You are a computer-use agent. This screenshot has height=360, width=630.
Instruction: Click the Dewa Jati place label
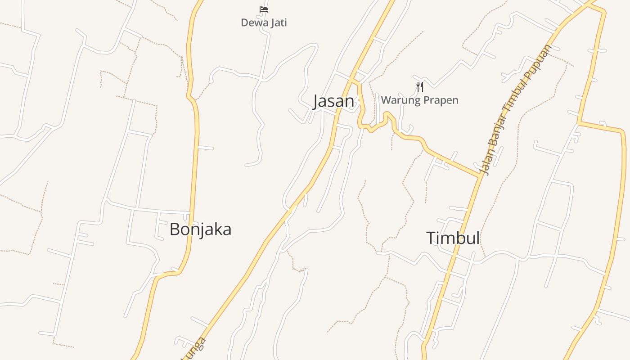tap(264, 22)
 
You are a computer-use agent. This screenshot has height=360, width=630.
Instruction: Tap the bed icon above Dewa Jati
tap(264, 9)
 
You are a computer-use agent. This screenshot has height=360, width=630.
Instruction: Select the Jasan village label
tap(333, 101)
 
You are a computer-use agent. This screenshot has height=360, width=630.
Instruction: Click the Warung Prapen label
tap(419, 100)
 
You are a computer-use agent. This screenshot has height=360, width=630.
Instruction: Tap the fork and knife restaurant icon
tap(420, 86)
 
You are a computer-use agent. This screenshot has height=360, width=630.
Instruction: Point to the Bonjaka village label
tap(200, 229)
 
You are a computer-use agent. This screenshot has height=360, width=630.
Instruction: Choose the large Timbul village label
tap(453, 238)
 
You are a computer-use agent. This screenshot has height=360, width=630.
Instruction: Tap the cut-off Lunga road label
tap(194, 349)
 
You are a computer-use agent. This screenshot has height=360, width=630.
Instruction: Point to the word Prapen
tap(440, 100)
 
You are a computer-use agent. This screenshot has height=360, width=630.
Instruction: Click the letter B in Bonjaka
tap(175, 229)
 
